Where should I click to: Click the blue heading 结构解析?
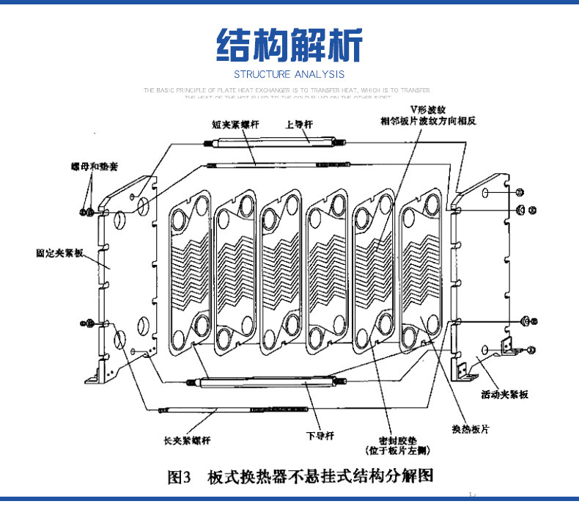pos(289,45)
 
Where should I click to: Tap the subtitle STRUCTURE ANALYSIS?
pos(289,74)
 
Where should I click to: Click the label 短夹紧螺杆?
pos(229,124)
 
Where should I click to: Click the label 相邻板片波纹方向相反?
pos(428,122)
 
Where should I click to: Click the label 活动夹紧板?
pos(504,394)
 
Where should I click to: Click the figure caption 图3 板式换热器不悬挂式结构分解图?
pos(300,477)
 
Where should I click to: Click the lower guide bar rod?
pos(268,380)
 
